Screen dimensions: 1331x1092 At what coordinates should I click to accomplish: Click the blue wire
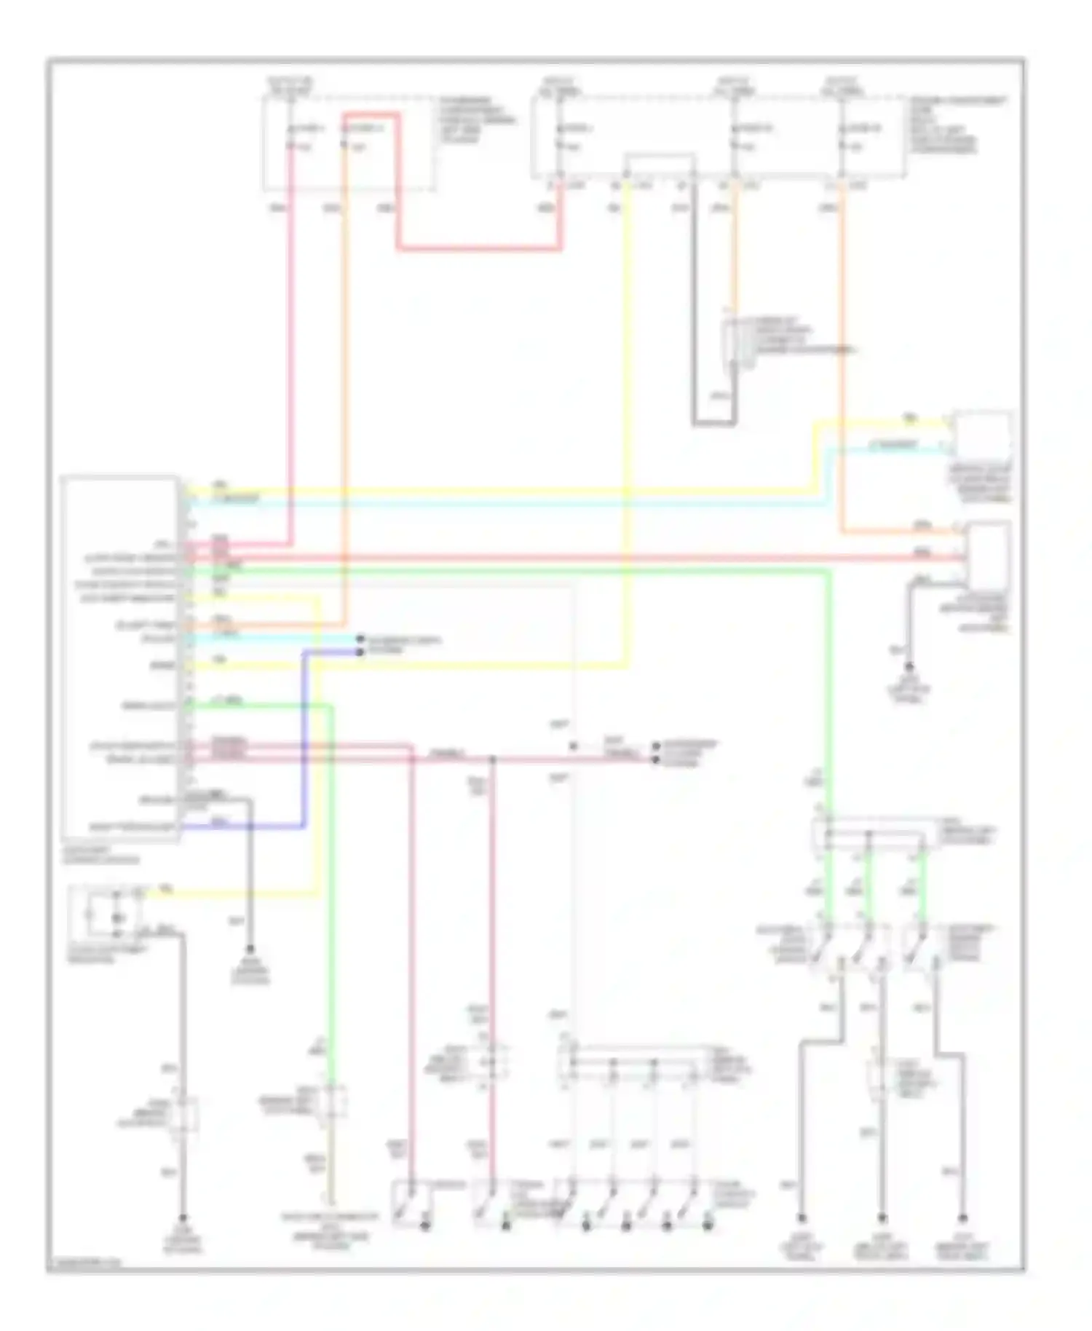click(x=303, y=735)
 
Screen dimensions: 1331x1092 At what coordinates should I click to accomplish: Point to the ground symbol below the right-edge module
click(x=909, y=667)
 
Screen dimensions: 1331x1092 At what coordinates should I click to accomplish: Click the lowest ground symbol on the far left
click(x=183, y=1217)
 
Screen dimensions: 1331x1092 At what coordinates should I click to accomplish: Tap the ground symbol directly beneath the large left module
click(x=250, y=949)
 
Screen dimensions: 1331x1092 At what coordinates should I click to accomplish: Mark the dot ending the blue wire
click(x=360, y=652)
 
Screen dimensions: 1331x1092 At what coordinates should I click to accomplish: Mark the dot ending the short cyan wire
click(x=360, y=639)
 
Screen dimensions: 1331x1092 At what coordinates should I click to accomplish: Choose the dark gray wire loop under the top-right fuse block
click(x=713, y=422)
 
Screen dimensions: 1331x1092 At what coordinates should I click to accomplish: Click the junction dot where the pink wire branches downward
click(x=493, y=759)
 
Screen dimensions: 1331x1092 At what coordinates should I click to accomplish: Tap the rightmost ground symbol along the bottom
click(x=962, y=1217)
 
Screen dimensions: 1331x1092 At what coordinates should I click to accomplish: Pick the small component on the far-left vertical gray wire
click(x=183, y=1115)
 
